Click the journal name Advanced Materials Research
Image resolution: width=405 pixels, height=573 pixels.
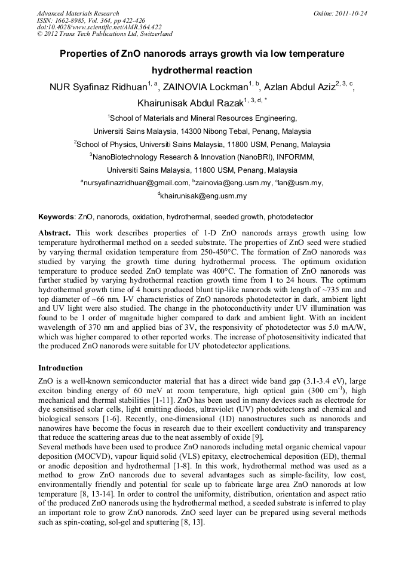[x=78, y=13]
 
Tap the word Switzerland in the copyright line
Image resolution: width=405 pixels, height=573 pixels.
[x=155, y=34]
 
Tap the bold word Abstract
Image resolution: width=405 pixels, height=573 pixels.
[x=54, y=232]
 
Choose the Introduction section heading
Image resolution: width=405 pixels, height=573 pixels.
[x=60, y=367]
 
